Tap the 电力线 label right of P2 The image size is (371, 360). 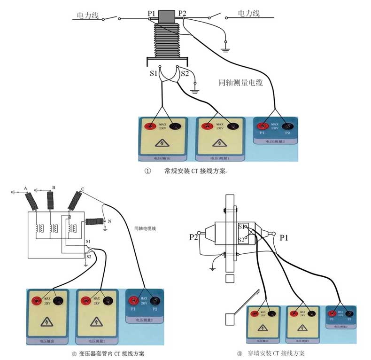coord(248,13)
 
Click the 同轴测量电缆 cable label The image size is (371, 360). coord(240,83)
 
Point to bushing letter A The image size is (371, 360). coord(25,188)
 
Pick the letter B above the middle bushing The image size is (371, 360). coord(54,188)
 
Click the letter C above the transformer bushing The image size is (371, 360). coord(83,189)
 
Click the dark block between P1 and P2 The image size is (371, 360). coord(166,16)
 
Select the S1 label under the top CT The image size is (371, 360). coord(153,73)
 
